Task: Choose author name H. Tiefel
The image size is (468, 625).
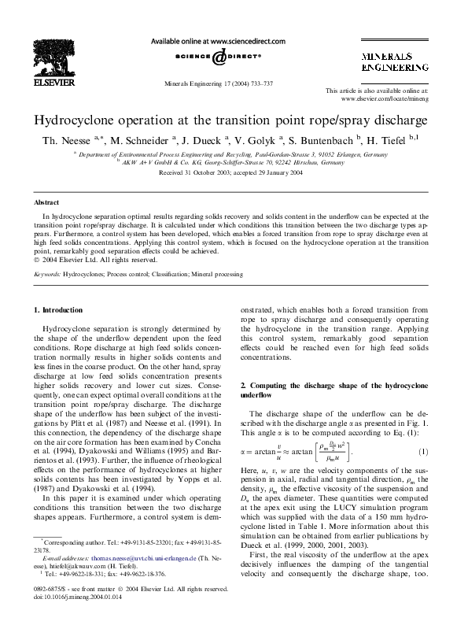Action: (x=399, y=142)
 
